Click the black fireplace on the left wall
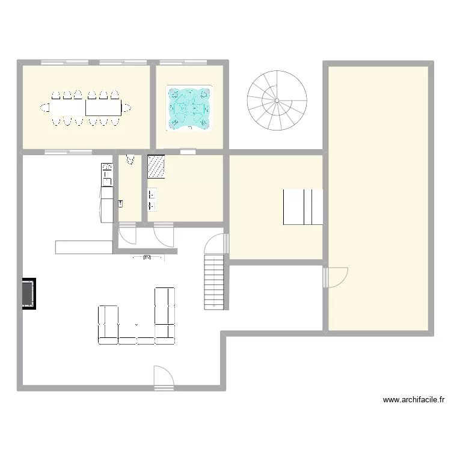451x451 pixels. [x=28, y=293]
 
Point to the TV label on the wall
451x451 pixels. [x=148, y=257]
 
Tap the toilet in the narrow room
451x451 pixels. [x=129, y=160]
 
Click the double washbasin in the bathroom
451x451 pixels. [x=152, y=200]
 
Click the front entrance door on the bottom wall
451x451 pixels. [x=163, y=377]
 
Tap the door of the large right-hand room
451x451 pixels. [x=336, y=277]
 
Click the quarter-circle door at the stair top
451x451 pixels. [x=216, y=243]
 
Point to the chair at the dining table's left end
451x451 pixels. [x=44, y=108]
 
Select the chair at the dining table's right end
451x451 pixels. [x=127, y=108]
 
